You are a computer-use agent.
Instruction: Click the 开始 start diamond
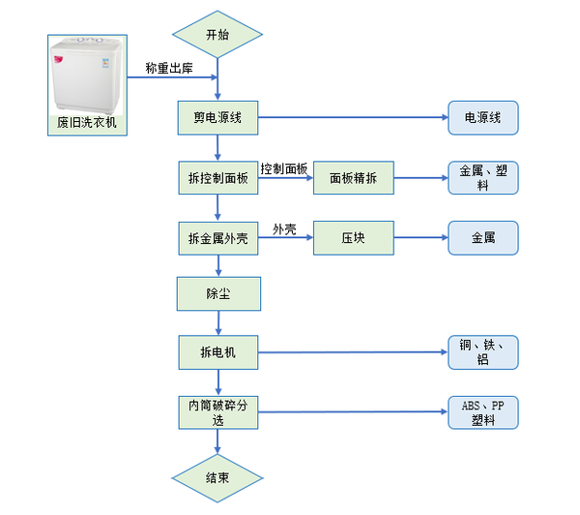217,36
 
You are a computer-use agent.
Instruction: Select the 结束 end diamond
217,477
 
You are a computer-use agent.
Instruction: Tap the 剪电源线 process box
218,117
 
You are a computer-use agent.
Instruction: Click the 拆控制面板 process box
218,178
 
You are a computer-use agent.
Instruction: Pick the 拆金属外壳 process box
218,238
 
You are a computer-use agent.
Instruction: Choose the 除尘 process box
218,292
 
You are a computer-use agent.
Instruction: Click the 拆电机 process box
218,352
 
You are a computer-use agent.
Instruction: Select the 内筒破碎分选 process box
218,412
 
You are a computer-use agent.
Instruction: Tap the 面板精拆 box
354,178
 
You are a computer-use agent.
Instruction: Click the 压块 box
354,238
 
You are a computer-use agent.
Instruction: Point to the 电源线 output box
482,117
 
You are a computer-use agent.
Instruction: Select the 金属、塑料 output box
482,178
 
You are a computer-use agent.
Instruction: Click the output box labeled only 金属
482,238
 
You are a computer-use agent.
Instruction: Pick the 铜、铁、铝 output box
482,352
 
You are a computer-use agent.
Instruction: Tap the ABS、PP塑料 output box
482,412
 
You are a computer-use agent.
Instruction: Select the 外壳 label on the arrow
284,229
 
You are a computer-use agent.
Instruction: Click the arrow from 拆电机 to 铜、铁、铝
353,352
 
